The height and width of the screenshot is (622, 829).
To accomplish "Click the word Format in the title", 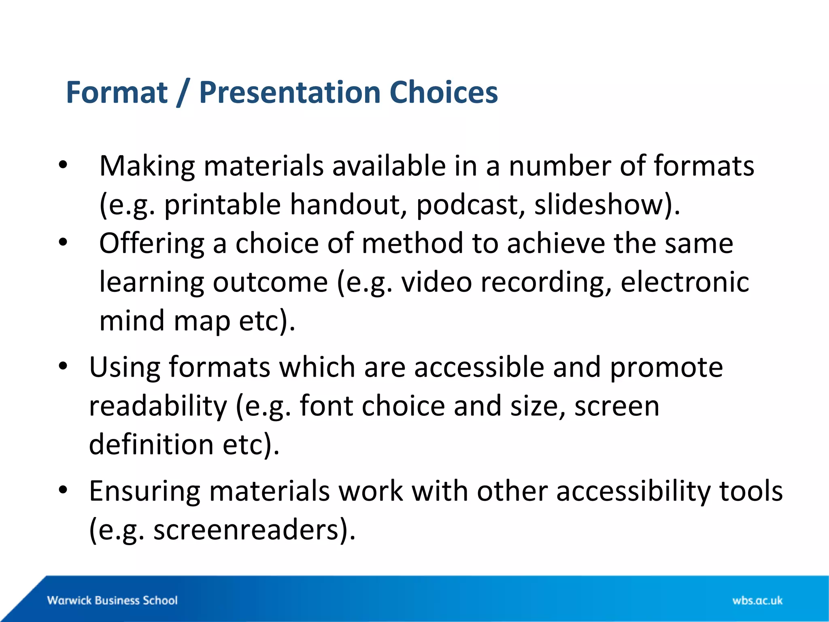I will point(117,93).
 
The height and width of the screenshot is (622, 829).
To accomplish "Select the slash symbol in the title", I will point(183,93).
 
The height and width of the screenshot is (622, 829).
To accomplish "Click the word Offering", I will point(152,244).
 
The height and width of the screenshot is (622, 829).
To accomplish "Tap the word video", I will point(436,282).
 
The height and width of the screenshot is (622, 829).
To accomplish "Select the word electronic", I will point(685,282).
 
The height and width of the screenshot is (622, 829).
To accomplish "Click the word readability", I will point(158,406).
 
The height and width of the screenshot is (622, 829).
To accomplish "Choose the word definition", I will point(151,445).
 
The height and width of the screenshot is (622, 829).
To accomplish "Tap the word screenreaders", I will point(246,530).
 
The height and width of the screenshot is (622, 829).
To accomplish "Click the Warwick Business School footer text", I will point(113,600).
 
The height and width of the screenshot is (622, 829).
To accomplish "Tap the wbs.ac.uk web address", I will point(757,601).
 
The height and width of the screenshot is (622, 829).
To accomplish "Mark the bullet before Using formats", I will point(62,366).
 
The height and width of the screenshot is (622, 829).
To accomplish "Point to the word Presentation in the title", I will point(289,93).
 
